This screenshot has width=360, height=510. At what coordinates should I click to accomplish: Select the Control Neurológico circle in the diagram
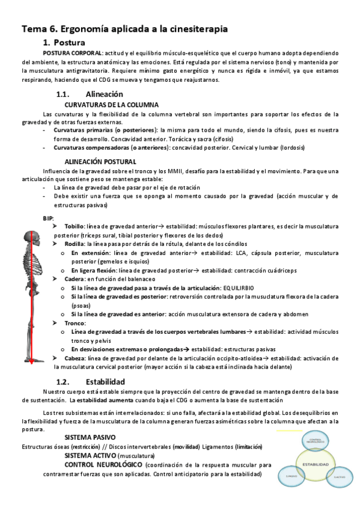pos(315,441)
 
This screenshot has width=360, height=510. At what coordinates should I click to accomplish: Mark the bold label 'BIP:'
pos(49,217)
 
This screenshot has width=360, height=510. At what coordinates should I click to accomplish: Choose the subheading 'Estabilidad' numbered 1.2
pos(105,381)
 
